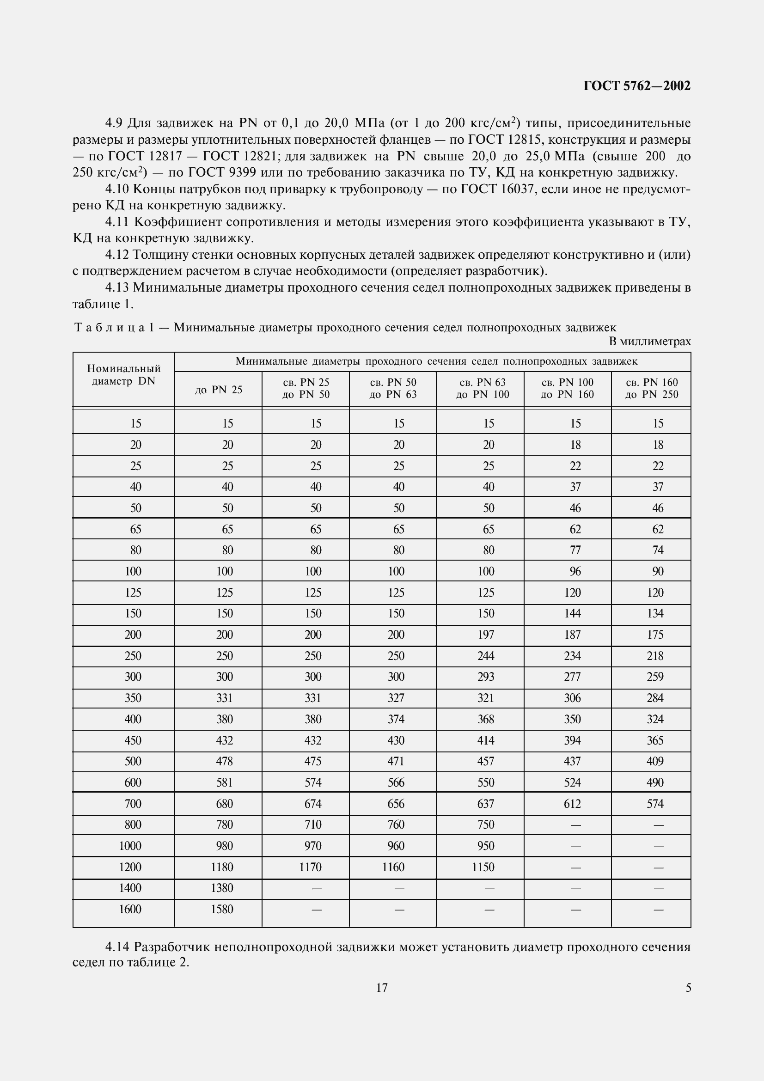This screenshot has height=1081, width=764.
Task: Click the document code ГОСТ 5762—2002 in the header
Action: (636, 86)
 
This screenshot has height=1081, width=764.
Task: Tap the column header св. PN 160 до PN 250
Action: (652, 388)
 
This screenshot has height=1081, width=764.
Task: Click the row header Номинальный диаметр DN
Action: (124, 375)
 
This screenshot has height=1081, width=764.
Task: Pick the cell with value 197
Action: (486, 635)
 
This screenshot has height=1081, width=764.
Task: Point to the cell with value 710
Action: (312, 824)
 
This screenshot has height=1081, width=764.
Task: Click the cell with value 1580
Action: (222, 909)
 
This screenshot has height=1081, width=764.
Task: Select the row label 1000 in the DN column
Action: (130, 846)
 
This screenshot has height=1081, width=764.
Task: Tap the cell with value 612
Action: (572, 804)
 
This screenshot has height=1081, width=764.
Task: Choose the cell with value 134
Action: (655, 613)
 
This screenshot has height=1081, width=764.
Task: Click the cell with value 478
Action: (225, 761)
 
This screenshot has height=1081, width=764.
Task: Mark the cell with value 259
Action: (655, 677)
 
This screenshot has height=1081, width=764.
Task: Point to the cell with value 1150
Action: (483, 867)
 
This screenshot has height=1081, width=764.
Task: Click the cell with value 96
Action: (575, 571)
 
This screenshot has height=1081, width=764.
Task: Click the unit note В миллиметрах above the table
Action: (650, 342)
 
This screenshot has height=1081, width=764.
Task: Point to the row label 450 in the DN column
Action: (133, 740)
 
